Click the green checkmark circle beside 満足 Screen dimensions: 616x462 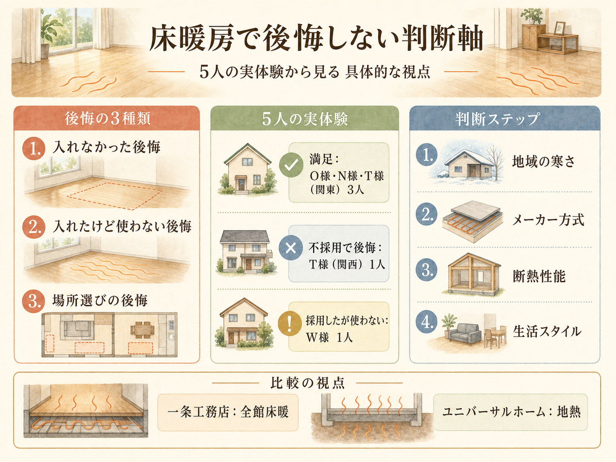(291, 165)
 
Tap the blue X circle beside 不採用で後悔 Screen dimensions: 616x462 (291, 248)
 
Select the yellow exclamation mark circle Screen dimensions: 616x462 (290, 323)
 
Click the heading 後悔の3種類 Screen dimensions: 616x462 (108, 119)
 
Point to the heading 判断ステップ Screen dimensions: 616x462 (497, 119)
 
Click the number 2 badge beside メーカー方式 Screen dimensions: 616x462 (427, 214)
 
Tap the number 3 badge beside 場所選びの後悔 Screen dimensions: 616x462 (34, 301)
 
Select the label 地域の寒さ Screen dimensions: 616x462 (543, 162)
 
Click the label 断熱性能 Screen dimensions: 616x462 (539, 276)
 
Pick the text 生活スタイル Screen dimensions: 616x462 (547, 331)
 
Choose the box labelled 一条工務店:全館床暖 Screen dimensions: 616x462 (228, 412)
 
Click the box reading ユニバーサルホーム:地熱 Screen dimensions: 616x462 (510, 412)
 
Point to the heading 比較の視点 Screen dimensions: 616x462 (307, 383)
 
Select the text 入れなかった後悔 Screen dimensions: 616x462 (106, 147)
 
